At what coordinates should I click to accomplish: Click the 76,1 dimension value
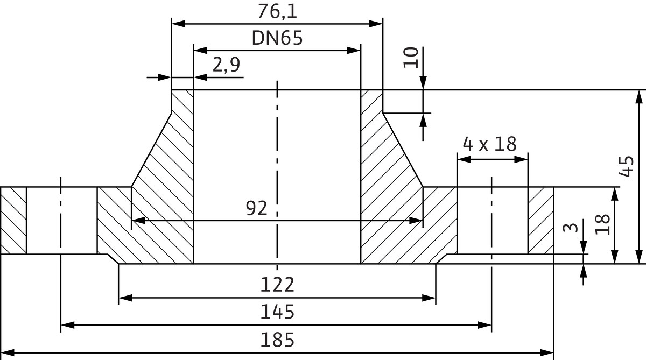coord(277,11)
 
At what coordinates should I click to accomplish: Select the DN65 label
coord(277,38)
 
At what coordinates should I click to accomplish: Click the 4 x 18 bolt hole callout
coord(489,144)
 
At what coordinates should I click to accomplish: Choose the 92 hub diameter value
coord(256,208)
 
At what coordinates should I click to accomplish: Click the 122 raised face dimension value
coord(277,284)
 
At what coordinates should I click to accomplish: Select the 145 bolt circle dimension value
coord(277,312)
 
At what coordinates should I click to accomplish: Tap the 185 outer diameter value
coord(277,340)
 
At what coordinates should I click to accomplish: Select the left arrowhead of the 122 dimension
coord(124,297)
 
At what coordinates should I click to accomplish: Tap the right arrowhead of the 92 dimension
coord(416,220)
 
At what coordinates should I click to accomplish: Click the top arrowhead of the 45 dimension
coord(639,96)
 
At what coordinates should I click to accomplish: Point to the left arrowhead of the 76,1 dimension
coord(178,23)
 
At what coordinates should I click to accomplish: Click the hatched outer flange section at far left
coord(13,220)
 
